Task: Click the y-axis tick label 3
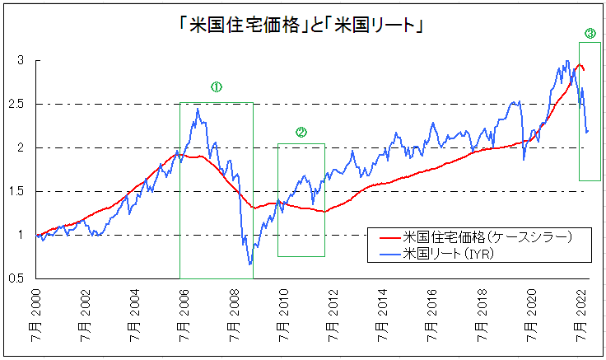pos(23,61)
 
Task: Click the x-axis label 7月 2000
pos(35,316)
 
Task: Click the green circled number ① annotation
pos(216,86)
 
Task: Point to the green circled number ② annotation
pos(301,132)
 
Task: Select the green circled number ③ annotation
pos(590,34)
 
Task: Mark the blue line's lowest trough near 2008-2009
pos(250,264)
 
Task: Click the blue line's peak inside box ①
pos(197,109)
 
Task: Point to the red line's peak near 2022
pos(580,64)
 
